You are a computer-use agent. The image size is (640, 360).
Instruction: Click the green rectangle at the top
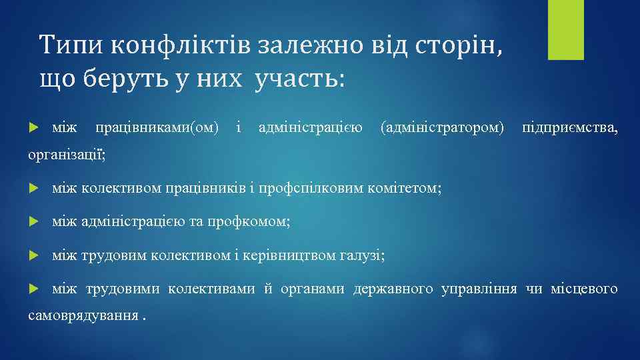click(x=565, y=30)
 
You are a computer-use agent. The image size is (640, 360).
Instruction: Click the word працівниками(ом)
click(x=157, y=127)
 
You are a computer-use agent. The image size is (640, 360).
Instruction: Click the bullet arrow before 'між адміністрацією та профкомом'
click(x=36, y=223)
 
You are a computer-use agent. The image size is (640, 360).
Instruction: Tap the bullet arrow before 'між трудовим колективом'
click(x=36, y=256)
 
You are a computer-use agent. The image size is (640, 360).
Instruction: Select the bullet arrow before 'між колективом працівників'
click(x=36, y=189)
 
